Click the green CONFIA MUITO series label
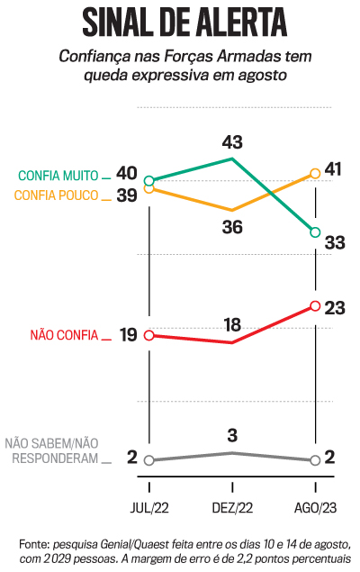[x=59, y=176]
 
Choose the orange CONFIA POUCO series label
[x=58, y=195]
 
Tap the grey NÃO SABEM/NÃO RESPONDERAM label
[x=51, y=449]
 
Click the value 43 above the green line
[x=232, y=141]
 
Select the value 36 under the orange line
[x=232, y=227]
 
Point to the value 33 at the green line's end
[x=335, y=242]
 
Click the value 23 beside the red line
[x=336, y=307]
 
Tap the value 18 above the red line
[x=232, y=324]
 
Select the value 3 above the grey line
[x=232, y=436]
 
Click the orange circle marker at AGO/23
[x=315, y=173]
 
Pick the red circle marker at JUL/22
[x=149, y=335]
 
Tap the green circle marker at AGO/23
[x=315, y=232]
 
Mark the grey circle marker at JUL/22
[x=149, y=459]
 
